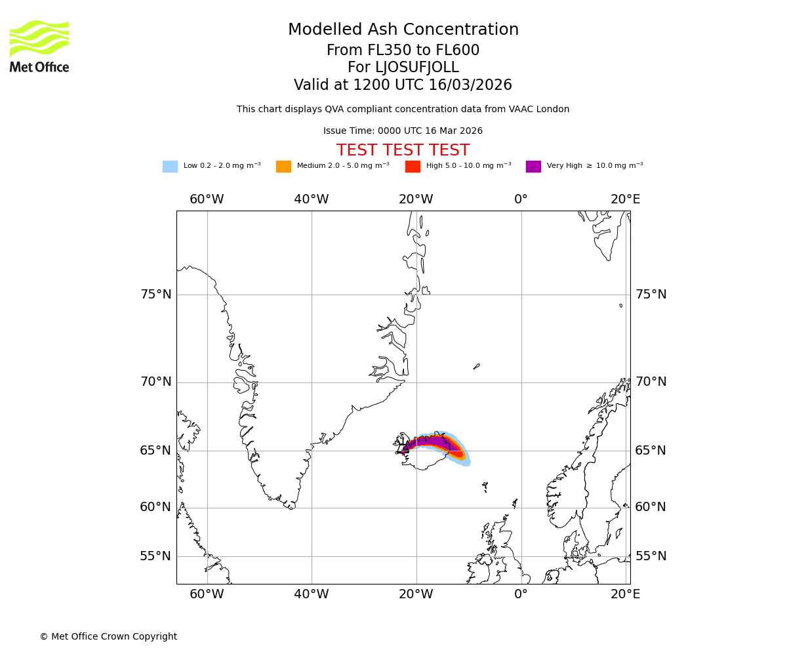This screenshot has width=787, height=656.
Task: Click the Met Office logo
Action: coord(39,46)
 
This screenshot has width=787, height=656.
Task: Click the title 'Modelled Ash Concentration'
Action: coord(403,30)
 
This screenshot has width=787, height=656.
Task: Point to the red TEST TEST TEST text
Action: coord(403,151)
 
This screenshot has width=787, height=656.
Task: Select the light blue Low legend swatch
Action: coord(170,167)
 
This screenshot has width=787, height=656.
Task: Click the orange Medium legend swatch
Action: coord(283,167)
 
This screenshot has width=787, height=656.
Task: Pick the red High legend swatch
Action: coord(413,167)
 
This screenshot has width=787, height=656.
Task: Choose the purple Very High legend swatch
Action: coord(533,167)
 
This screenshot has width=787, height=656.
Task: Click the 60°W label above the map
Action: coord(207,199)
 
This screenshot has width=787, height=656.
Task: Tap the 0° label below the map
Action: coord(521,594)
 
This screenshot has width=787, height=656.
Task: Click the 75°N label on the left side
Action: coord(156,295)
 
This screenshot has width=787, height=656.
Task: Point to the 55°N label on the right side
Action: coord(651,556)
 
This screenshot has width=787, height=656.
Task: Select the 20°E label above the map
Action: coord(625,199)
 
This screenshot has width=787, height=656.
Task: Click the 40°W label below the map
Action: coord(311,594)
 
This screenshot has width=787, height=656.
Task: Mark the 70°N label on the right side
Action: coord(651,382)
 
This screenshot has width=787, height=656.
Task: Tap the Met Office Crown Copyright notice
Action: coord(108,637)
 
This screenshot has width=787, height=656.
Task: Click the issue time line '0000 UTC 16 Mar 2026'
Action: coord(403,131)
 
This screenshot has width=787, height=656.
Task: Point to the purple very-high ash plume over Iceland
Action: coord(430,441)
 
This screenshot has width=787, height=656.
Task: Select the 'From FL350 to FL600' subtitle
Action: coord(403,51)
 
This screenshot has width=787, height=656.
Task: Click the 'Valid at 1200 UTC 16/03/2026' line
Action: coord(403,85)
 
